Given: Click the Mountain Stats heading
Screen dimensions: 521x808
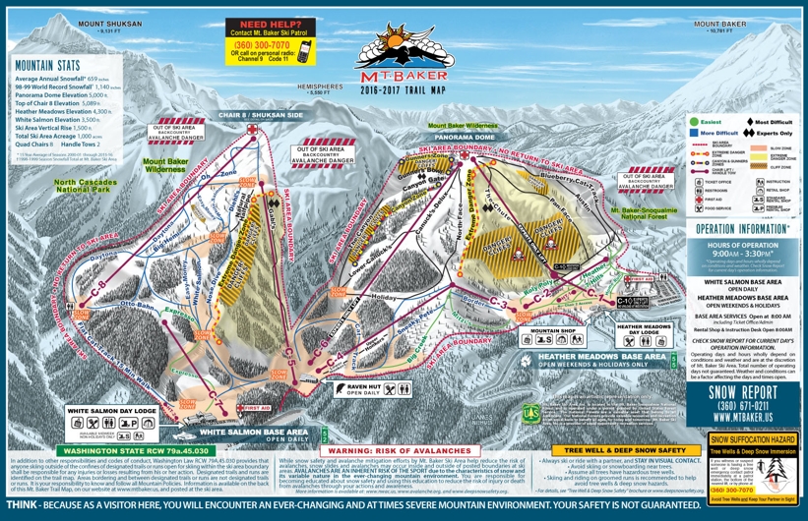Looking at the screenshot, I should click(x=47, y=65).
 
